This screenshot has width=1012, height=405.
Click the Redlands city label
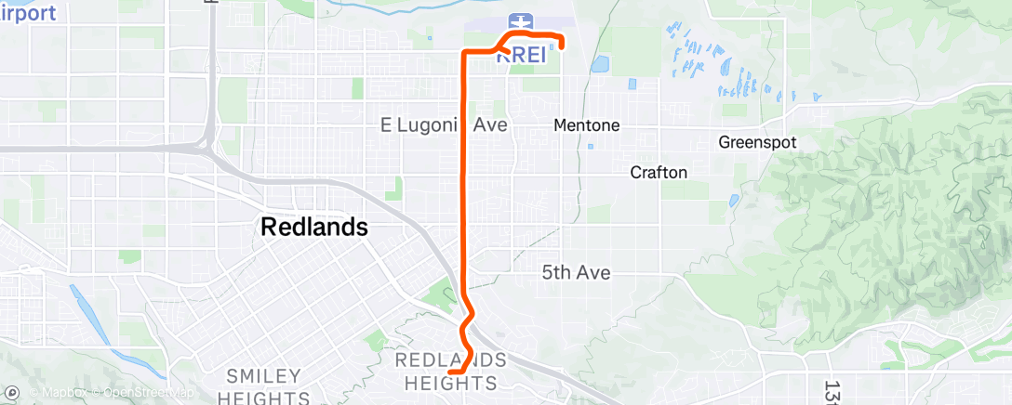coord(314,227)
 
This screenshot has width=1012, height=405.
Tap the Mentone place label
coord(586,124)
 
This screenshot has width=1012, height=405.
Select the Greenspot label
coord(756,143)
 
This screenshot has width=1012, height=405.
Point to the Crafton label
coord(659,172)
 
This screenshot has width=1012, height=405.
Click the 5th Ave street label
coord(576,272)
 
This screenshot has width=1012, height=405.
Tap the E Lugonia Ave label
coord(445,124)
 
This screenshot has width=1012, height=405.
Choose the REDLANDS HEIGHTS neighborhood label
coord(451,371)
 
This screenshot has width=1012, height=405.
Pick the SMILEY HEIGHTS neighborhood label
coord(264,386)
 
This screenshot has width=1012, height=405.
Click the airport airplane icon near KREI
coord(520,20)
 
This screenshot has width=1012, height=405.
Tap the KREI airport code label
coord(520,55)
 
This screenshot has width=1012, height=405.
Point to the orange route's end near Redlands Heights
coord(450,372)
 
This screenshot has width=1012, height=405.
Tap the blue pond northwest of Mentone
coord(599,65)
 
